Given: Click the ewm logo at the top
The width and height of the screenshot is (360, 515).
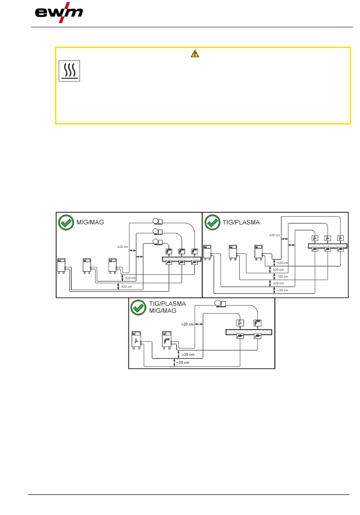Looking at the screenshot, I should click(x=59, y=13).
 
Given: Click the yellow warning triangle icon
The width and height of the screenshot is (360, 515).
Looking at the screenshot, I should click(x=195, y=54).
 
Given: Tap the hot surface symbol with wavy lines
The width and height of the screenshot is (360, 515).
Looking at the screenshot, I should click(x=69, y=71).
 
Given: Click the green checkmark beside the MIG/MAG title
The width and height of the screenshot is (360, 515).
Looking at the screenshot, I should click(x=66, y=222).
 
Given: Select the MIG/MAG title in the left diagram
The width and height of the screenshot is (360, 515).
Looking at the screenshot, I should click(x=90, y=222).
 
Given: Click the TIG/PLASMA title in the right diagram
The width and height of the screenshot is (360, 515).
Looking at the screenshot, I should click(x=241, y=222).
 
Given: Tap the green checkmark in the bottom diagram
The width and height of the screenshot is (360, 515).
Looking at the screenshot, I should click(x=138, y=307).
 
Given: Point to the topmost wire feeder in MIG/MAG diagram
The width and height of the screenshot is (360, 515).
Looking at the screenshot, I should click(x=158, y=221).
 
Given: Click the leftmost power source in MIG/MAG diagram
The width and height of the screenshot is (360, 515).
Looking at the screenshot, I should click(x=61, y=266).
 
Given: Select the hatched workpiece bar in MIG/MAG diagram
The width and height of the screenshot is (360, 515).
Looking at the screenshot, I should click(x=182, y=259).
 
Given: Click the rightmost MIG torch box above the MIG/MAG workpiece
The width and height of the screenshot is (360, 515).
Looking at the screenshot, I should click(x=194, y=251).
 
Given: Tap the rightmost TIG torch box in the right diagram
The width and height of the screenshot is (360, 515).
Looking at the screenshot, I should click(x=340, y=238).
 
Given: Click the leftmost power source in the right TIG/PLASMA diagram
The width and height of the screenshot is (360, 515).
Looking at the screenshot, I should click(x=207, y=252).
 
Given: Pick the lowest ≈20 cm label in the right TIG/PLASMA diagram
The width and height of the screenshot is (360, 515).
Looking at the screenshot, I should click(x=283, y=290).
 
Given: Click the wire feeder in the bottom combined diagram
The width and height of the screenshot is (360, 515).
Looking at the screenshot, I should click(x=220, y=304).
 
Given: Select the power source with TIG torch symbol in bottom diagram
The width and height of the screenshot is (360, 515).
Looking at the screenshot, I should click(x=136, y=340).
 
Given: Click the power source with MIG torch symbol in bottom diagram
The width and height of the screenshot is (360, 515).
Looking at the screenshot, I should click(x=167, y=340).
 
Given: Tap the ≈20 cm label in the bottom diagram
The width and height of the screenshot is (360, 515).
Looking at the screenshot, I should click(x=183, y=363).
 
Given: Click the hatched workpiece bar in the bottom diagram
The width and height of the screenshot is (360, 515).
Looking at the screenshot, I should click(x=249, y=332).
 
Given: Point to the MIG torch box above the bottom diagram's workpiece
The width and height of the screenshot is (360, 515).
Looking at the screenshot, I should click(x=258, y=323).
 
